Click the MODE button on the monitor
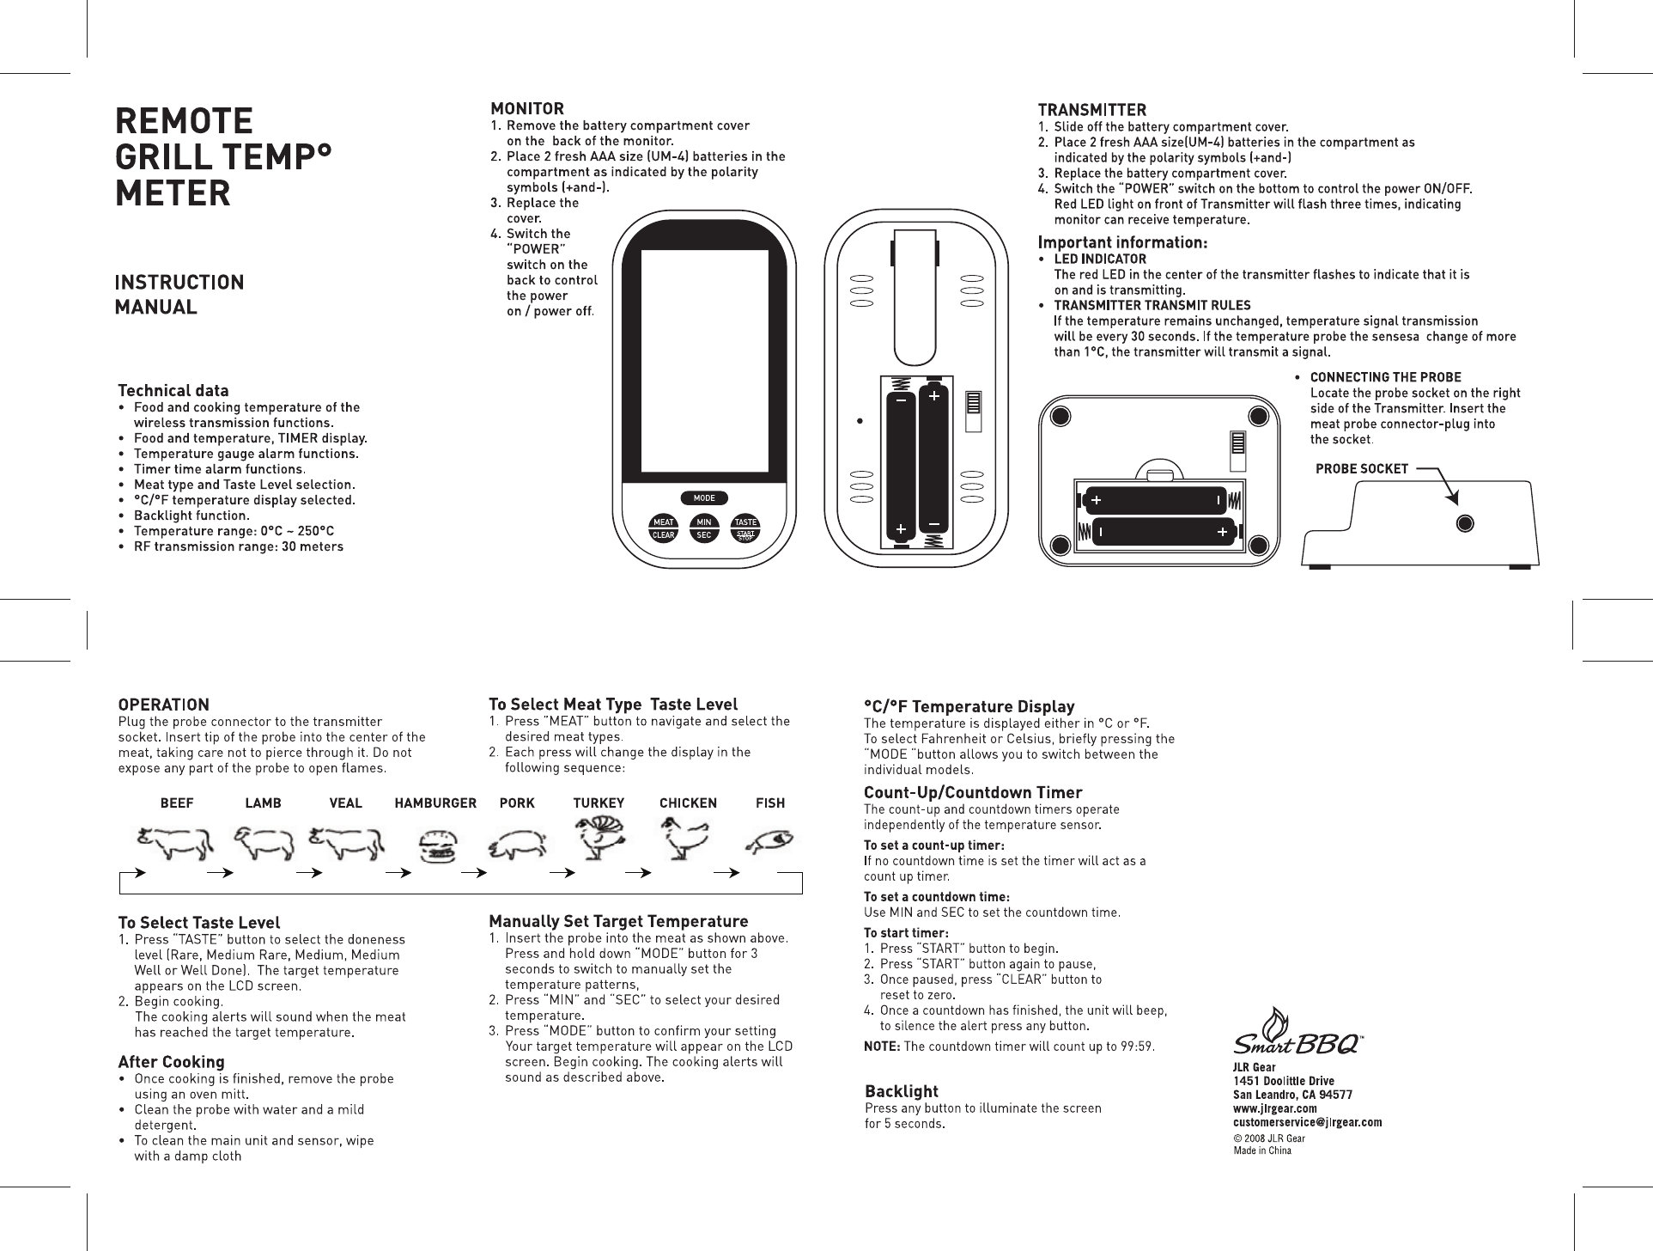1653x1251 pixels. (x=704, y=498)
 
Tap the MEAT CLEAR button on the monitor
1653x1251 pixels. (x=663, y=528)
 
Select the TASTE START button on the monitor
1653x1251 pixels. (x=745, y=528)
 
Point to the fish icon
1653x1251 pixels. (x=770, y=841)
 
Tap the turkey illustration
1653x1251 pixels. (x=599, y=838)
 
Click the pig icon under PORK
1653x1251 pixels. (x=517, y=845)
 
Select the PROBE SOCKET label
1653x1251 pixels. (x=1362, y=469)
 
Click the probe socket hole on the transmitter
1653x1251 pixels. (x=1466, y=523)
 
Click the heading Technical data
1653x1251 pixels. (x=173, y=391)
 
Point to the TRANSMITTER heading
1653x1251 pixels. (x=1091, y=110)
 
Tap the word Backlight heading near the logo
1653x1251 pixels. (x=902, y=1091)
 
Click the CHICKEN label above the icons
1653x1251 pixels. (x=688, y=803)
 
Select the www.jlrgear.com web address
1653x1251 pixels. (x=1275, y=1108)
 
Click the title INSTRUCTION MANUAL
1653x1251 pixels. (x=179, y=294)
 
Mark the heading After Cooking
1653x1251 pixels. (x=171, y=1062)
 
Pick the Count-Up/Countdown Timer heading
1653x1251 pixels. (x=972, y=792)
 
